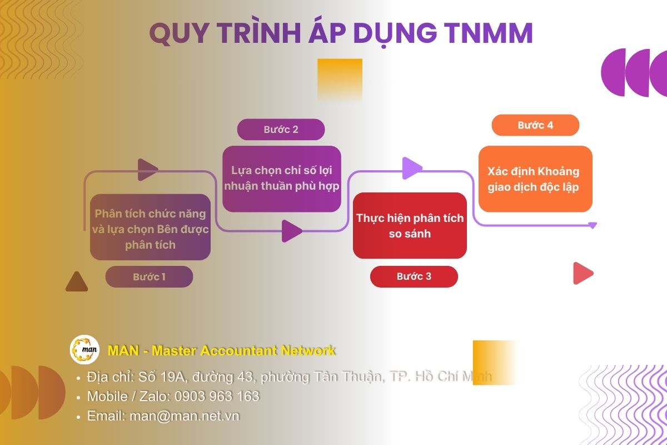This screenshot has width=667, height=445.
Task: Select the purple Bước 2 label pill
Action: point(281,130)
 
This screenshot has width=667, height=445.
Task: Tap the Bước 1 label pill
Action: point(149,276)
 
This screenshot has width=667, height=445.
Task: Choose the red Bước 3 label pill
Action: point(414,276)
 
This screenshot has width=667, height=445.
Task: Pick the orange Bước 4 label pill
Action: point(535,125)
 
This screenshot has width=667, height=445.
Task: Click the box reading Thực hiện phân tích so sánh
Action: point(410,225)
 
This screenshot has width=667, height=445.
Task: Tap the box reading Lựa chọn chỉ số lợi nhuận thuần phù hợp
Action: point(281,179)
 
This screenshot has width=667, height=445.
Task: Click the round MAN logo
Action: point(84,350)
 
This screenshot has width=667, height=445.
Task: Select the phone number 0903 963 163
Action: point(217,397)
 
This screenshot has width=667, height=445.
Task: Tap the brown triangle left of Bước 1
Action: point(77,283)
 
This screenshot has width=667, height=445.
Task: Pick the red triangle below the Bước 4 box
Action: point(583,273)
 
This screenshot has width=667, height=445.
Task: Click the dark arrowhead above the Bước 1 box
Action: point(147,170)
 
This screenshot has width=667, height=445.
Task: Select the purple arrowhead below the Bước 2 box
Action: point(291,231)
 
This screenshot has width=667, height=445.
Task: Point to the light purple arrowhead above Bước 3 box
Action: point(411,168)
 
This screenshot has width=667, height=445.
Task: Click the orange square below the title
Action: point(340,80)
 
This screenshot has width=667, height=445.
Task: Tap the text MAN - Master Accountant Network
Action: point(221,350)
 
